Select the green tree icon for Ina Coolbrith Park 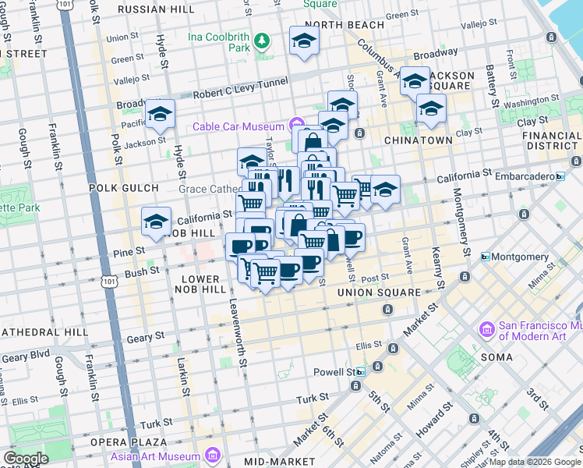click(x=263, y=40)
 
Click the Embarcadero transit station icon click(x=560, y=176)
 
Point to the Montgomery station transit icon click(x=485, y=257)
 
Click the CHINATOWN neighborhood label click(x=418, y=140)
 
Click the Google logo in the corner click(x=26, y=459)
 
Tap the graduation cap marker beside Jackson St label click(x=160, y=115)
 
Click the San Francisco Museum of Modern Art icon click(x=489, y=330)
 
